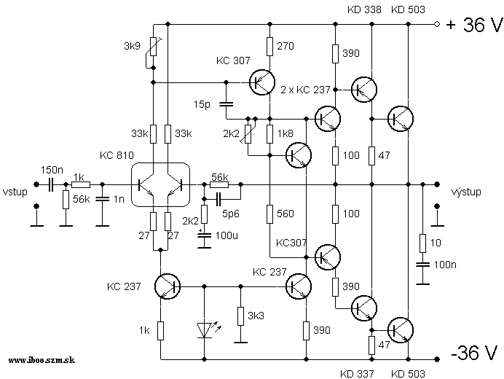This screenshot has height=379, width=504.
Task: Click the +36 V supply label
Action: pyautogui.click(x=474, y=24)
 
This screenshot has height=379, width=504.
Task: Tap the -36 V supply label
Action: pyautogui.click(x=474, y=353)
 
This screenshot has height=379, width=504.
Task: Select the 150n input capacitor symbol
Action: pyautogui.click(x=51, y=184)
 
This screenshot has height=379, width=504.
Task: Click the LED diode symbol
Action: pyautogui.click(x=205, y=330)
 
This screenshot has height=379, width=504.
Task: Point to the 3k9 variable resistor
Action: pyautogui.click(x=154, y=47)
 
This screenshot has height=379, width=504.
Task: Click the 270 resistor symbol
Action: pyautogui.click(x=270, y=47)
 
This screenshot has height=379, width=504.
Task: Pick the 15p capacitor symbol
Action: pyautogui.click(x=226, y=104)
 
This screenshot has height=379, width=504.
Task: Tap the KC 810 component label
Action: pyautogui.click(x=117, y=155)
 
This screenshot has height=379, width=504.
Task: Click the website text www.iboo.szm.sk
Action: pyautogui.click(x=42, y=360)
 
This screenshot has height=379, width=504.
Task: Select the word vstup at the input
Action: pyautogui.click(x=15, y=192)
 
